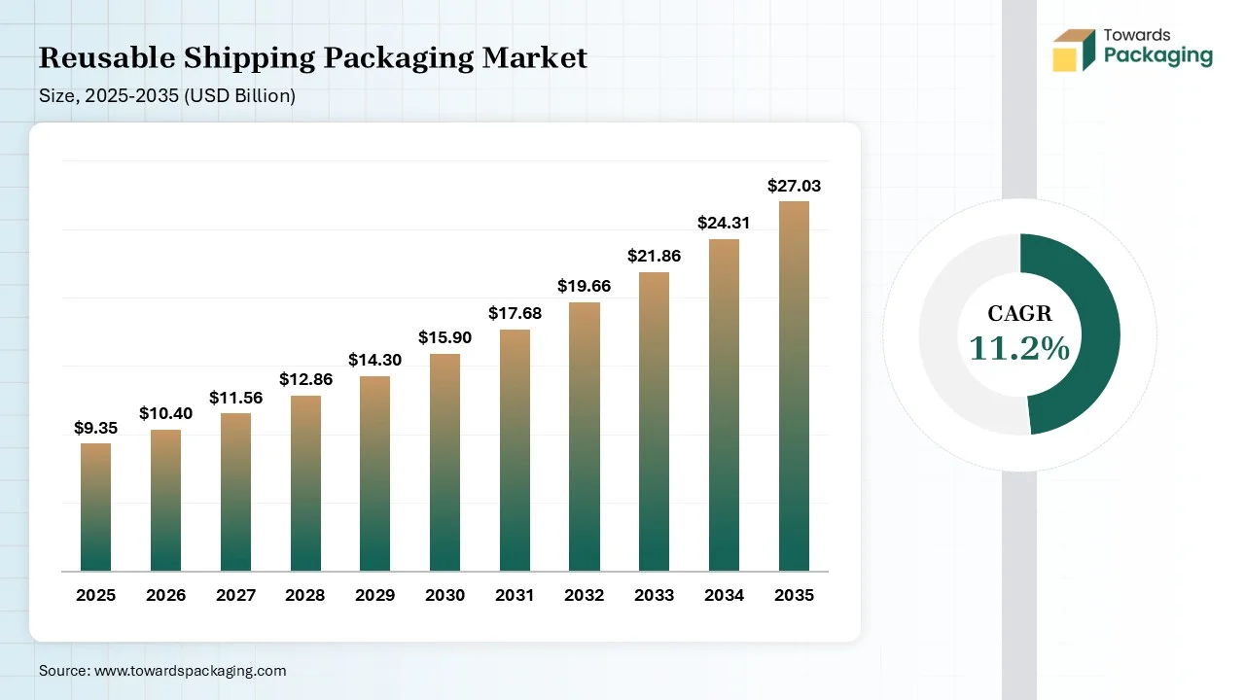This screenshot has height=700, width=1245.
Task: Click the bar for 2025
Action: pos(95,507)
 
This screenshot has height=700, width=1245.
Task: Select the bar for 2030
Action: pos(445,462)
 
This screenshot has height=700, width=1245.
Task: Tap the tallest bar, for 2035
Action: pos(794,386)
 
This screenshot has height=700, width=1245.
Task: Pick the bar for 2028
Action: pos(305,483)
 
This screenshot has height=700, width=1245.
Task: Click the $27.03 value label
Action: pos(794,186)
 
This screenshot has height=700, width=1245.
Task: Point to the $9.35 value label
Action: pos(95,428)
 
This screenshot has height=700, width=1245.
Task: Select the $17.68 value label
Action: pos(515,313)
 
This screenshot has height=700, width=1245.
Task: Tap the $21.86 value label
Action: pos(654,256)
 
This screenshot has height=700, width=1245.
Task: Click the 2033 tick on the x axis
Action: pos(654,595)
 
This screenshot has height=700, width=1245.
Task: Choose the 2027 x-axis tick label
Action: pos(235,595)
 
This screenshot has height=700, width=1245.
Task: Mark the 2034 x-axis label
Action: pos(724,595)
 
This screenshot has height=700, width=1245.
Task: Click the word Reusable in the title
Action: pos(107,57)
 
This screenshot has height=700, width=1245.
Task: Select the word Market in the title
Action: pos(534,57)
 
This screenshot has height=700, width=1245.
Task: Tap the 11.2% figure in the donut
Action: pos(1019,348)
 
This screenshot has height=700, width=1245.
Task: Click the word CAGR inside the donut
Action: pos(1019,313)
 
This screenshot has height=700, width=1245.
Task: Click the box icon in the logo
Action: pos(1074,50)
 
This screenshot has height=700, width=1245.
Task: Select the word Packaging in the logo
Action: pos(1158,56)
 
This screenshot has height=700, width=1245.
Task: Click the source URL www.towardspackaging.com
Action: pos(190,671)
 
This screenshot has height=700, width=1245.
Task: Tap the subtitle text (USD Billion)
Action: pos(239,95)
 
